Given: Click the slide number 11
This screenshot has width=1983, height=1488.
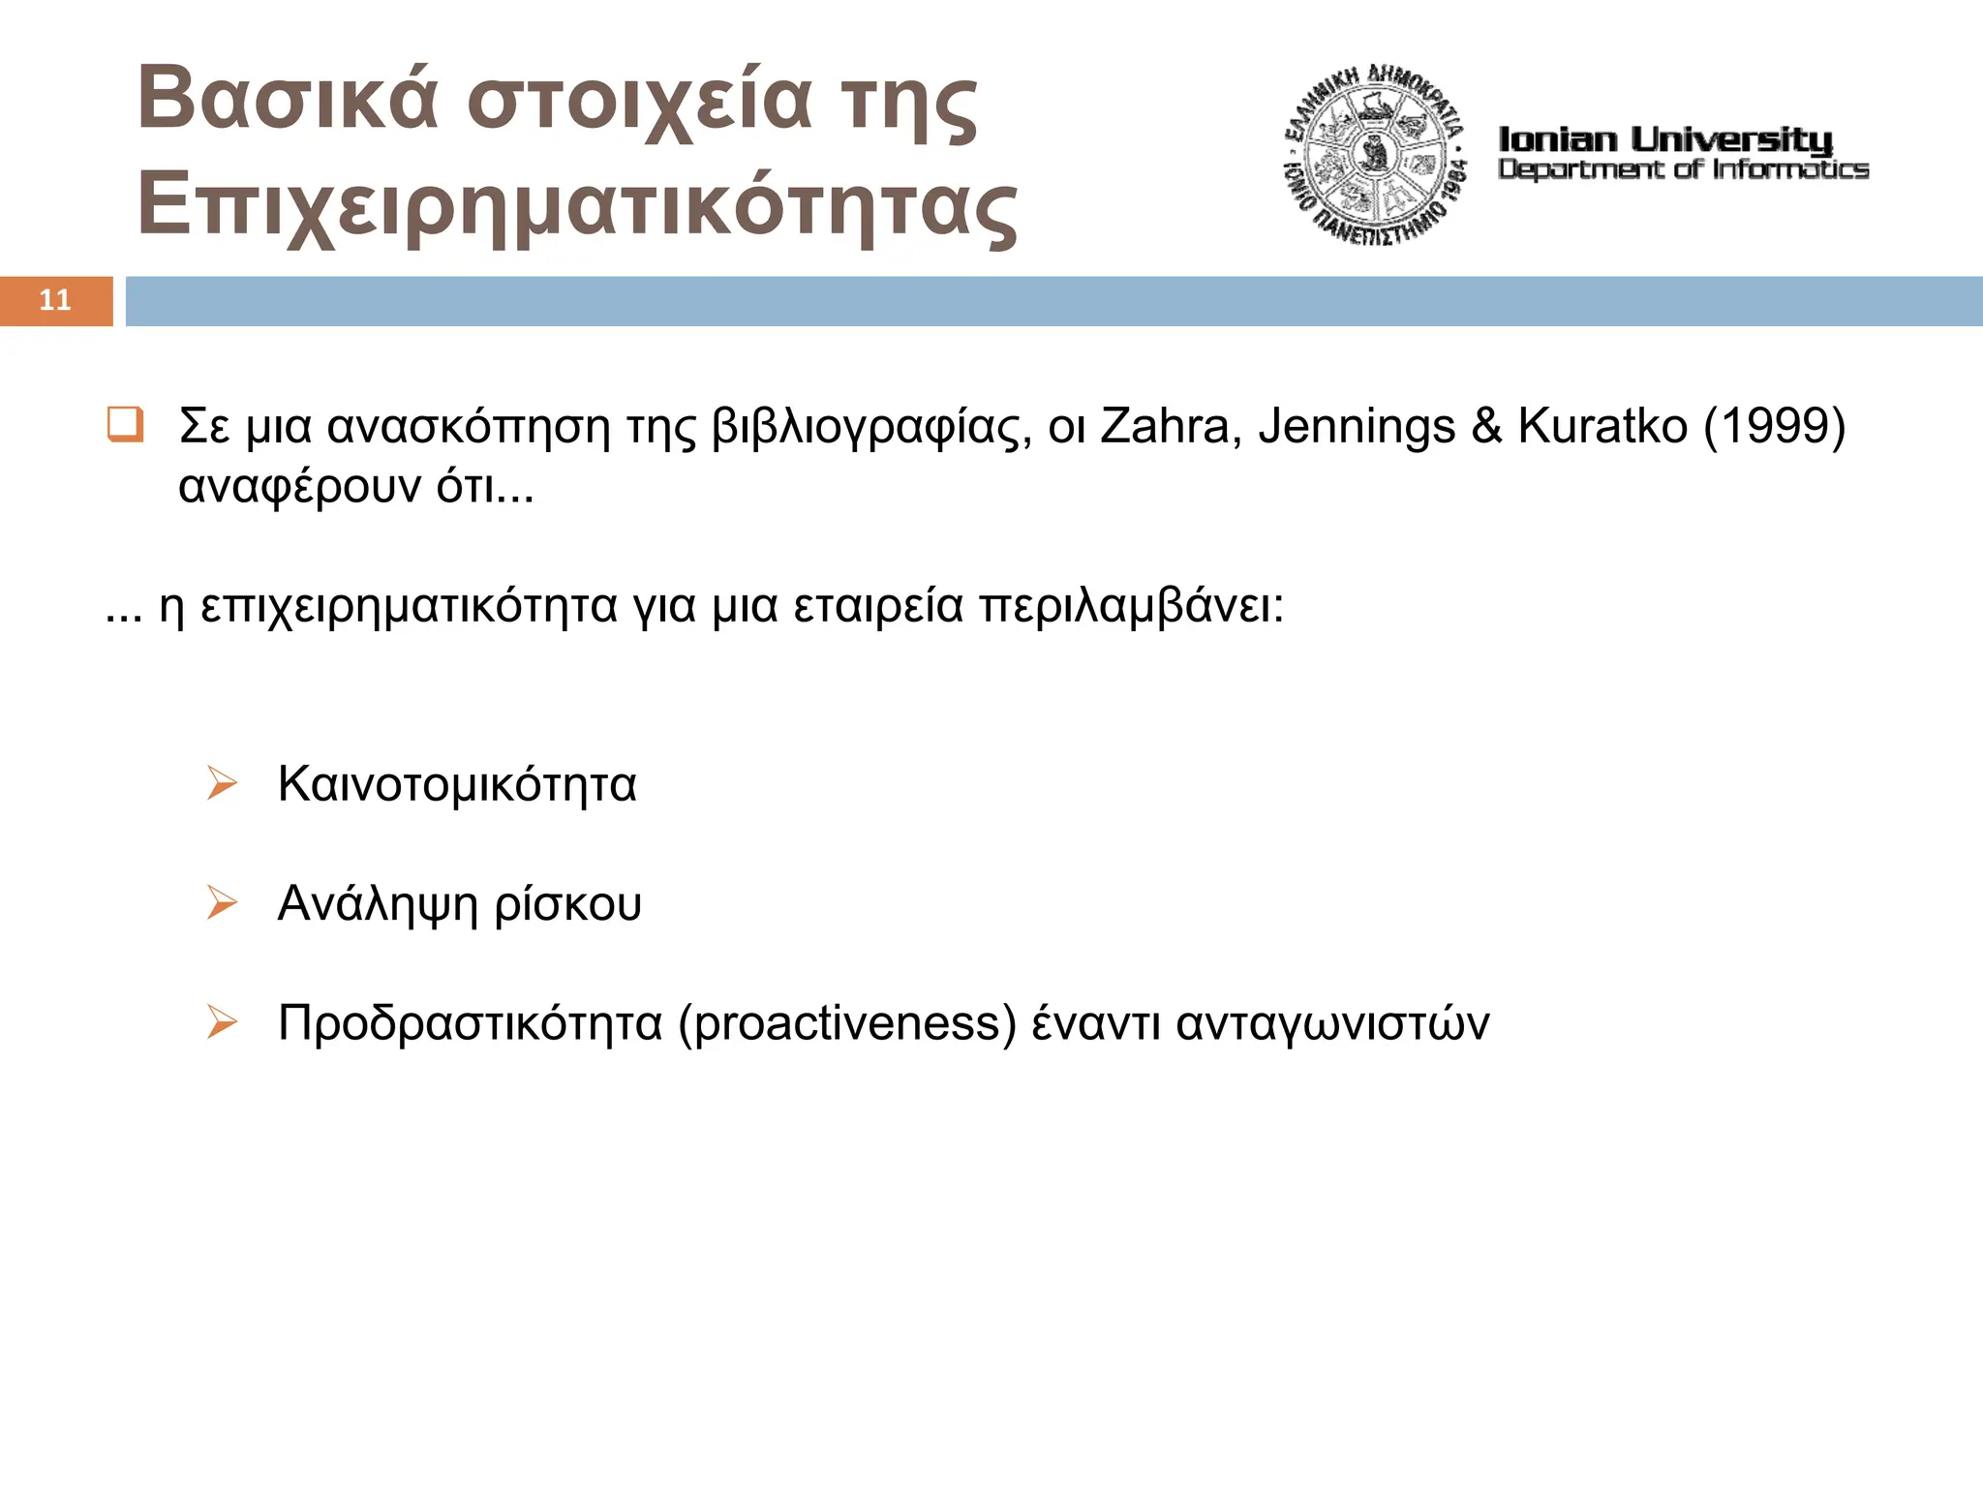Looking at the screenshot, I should tap(55, 300).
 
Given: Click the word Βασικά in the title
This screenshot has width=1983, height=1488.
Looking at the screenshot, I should tap(289, 99).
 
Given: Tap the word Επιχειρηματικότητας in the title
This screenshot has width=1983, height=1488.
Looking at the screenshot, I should tap(577, 206).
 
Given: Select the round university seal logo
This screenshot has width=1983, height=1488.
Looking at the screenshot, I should tap(1374, 155).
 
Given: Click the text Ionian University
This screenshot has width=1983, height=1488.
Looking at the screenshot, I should tap(1665, 140).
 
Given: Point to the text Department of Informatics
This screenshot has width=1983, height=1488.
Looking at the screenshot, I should tap(1683, 169).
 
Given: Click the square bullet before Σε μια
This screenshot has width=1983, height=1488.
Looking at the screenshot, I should tap(125, 425).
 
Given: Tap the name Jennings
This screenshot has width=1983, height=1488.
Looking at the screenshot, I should tap(1357, 426).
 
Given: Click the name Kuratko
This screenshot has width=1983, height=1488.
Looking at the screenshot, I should tap(1602, 426).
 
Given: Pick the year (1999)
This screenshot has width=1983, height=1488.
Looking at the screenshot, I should tap(1775, 426).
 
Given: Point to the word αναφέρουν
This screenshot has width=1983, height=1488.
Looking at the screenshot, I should tap(299, 486).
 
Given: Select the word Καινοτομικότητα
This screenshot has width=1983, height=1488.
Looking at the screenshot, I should tap(457, 784).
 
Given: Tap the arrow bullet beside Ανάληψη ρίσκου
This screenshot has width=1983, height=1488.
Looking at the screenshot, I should tap(222, 903).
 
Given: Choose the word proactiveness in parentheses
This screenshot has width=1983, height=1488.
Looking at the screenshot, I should tap(847, 1024).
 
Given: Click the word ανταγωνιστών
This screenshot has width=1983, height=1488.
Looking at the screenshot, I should tap(1332, 1024).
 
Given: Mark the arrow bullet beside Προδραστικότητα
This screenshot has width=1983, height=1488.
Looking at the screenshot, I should tap(222, 1022).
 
